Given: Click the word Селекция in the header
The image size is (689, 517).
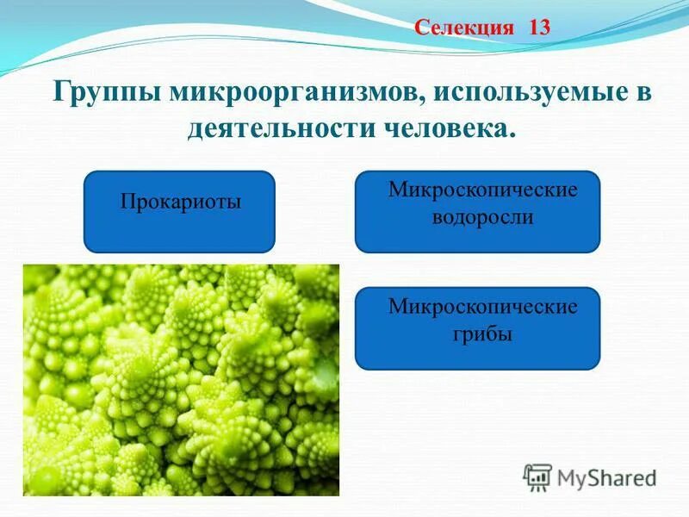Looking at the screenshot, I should (464, 27).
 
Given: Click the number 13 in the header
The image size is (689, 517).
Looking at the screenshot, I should (539, 27).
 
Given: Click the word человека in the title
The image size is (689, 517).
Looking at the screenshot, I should (447, 129).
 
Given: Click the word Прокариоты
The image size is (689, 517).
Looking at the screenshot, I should (180, 202).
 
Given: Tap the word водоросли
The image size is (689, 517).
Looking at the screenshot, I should (482, 218).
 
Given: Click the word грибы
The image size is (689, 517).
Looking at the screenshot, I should (482, 334).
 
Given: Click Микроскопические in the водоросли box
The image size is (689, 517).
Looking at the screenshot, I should (482, 190).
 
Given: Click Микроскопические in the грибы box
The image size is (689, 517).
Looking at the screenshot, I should (482, 307).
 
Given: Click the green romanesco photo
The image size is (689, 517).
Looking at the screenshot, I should (181, 379).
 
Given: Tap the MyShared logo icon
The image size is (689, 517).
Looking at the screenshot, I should (537, 477).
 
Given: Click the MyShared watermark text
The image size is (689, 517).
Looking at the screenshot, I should (606, 477).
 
